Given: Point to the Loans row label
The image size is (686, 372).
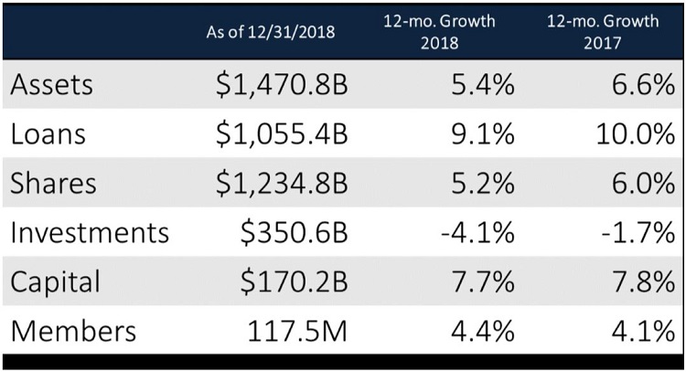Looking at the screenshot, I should tap(49, 133).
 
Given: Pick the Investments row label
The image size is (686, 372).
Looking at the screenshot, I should tap(89, 231).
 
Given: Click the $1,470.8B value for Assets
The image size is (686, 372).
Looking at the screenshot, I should tap(281, 86).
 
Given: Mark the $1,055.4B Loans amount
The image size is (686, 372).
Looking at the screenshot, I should tap(281, 134).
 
